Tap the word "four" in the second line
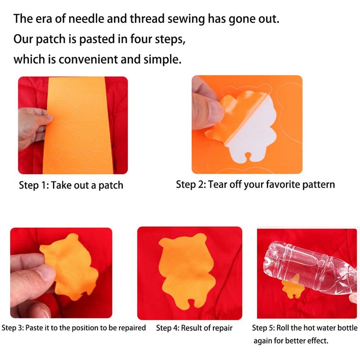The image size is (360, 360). (x=140, y=39)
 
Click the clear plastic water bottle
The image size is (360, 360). (x=310, y=267)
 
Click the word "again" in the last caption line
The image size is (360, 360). (x=262, y=341)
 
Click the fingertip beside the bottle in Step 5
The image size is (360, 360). (x=353, y=298)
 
